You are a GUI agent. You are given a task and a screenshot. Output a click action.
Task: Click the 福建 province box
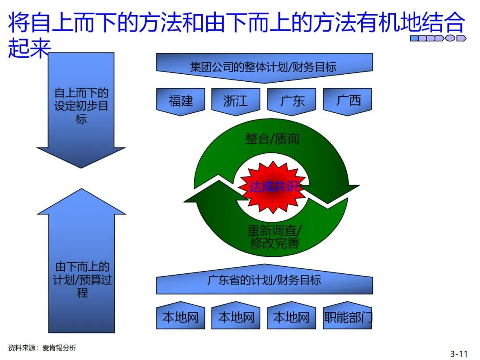(181, 101)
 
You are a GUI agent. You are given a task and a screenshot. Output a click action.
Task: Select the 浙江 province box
(236, 101)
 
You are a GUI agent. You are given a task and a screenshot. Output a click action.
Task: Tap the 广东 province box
(292, 101)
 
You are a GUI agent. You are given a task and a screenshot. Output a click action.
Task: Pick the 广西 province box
(348, 101)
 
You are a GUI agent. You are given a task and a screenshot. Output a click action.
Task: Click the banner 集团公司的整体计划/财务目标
(264, 67)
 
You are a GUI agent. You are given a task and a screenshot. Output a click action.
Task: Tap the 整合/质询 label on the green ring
(272, 139)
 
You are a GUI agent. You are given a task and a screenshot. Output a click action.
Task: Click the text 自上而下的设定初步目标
(81, 106)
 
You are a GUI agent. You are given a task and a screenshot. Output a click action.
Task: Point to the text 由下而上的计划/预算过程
(81, 280)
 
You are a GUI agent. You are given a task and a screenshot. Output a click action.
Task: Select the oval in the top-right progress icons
(451, 38)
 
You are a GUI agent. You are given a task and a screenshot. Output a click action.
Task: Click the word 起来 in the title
(28, 49)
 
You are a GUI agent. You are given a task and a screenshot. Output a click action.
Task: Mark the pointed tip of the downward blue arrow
(81, 167)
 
